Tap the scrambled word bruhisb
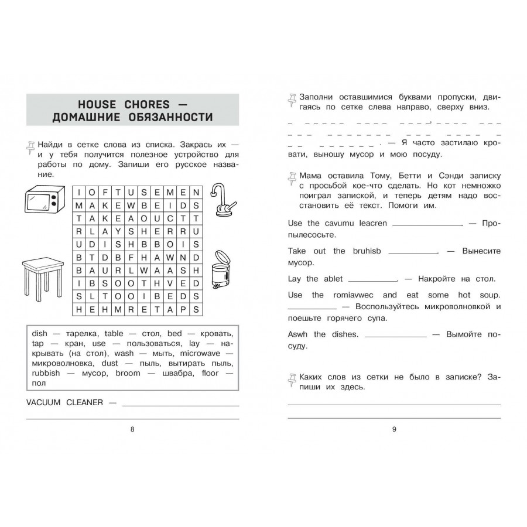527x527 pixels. (x=366, y=251)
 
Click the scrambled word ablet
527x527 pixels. (x=333, y=279)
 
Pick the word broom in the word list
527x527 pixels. (x=128, y=373)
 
